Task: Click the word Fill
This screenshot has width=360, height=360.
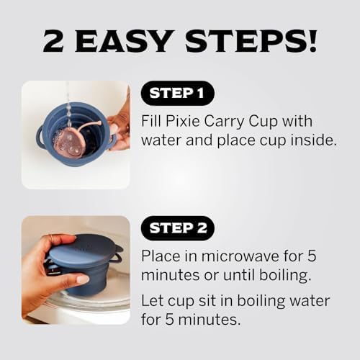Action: click(153, 121)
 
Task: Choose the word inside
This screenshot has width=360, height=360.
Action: click(313, 140)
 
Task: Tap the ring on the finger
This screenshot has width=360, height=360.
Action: click(51, 238)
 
